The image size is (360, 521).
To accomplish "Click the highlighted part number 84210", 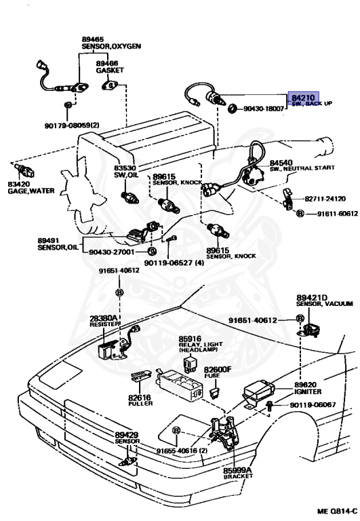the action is (x=303, y=98).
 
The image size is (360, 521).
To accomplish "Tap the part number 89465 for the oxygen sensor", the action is (x=93, y=39).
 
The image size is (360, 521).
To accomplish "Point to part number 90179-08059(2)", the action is (x=72, y=126).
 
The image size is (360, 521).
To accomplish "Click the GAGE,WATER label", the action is (x=31, y=191).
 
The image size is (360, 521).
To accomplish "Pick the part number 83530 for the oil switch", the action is (x=125, y=168).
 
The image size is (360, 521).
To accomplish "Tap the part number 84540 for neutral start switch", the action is (x=281, y=163).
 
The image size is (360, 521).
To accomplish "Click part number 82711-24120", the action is (x=325, y=199).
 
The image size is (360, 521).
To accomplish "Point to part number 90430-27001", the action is (x=112, y=252).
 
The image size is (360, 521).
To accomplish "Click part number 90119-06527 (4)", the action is (x=174, y=263).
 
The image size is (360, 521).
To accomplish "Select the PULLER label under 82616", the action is (x=140, y=404).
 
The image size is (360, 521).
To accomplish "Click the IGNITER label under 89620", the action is (x=308, y=391).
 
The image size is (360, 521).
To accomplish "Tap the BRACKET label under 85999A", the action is (x=238, y=476).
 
